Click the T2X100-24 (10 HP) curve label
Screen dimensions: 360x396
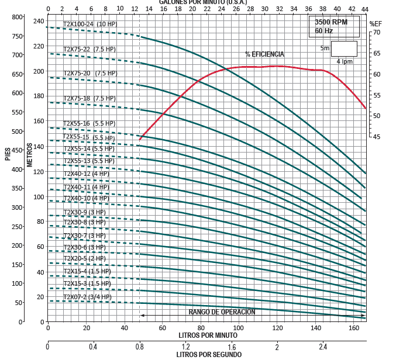pos(90,24)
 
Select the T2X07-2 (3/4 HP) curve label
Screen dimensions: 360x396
pos(84,296)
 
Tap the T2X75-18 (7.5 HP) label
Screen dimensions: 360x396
pos(89,98)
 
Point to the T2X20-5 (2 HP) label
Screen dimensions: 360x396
pos(84,258)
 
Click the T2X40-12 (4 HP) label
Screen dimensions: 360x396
pos(86,174)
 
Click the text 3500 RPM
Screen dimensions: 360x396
pos(331,22)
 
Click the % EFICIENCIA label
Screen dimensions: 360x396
pos(264,54)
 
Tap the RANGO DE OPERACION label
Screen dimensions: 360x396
pos(222,312)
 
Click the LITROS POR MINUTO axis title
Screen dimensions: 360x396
pos(207,336)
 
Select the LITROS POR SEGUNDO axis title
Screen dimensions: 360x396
pos(209,354)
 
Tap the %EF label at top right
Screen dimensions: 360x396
pos(376,23)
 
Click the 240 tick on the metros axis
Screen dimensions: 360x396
pos(39,21)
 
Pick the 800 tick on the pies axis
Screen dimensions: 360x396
pos(16,17)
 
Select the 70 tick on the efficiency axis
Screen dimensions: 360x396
pos(377,33)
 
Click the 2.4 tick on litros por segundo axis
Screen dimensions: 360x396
pos(323,347)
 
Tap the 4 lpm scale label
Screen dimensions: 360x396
pos(345,61)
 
